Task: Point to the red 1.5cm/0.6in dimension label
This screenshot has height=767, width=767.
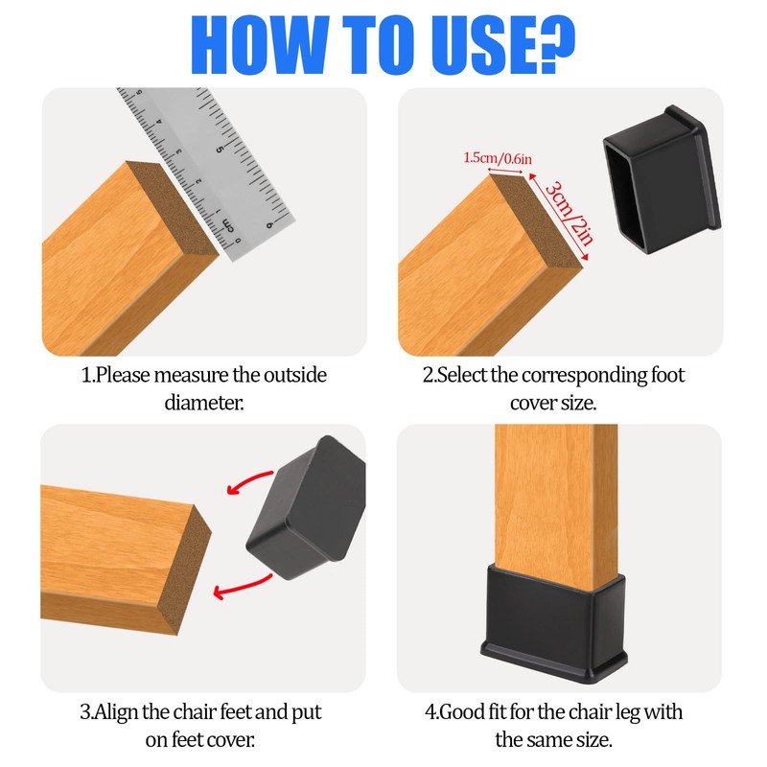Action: [x=498, y=158]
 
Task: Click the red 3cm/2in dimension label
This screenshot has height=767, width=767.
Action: [x=569, y=213]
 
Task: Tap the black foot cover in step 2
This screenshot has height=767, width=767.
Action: [x=662, y=179]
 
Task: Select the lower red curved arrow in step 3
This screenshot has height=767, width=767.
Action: [x=243, y=587]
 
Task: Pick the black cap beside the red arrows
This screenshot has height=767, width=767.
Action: [x=307, y=508]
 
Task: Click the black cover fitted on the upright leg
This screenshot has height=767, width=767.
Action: [x=554, y=623]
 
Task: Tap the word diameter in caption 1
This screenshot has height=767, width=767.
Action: [x=203, y=403]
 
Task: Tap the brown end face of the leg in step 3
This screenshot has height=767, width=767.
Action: [x=186, y=570]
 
